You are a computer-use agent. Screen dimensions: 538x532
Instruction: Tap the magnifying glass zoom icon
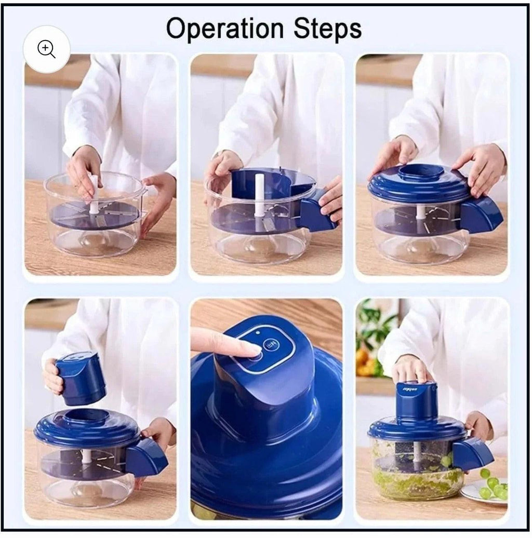click(x=47, y=49)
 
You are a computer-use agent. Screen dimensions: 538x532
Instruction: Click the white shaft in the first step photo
click(x=94, y=195)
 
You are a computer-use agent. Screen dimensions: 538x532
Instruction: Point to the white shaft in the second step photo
click(x=259, y=195)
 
